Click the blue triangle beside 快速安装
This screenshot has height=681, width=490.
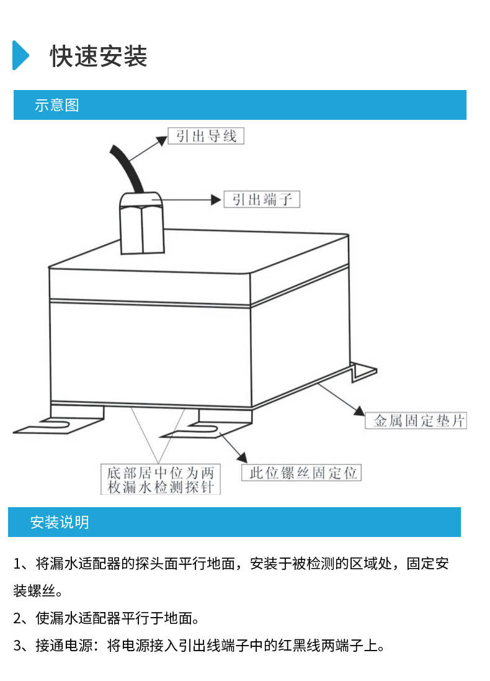coord(20,55)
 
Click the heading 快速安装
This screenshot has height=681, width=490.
coord(99,56)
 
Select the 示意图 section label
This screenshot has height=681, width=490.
coord(57,105)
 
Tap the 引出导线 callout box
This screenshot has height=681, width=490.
coord(206,136)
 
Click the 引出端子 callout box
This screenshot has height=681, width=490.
coord(262,199)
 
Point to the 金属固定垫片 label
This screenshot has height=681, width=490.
coord(416,420)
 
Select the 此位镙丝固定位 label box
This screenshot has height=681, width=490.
coord(301,472)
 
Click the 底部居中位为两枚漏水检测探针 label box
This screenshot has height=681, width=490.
coord(161,479)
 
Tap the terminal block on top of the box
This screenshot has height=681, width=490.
coord(142,223)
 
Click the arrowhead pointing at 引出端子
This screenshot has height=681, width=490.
coord(216,200)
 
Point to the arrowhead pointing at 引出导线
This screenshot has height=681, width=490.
coord(163,140)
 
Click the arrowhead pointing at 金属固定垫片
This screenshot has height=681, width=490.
coord(359,411)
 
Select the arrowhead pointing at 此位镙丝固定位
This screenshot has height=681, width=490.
coord(242,458)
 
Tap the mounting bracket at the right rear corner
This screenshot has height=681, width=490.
coord(363,372)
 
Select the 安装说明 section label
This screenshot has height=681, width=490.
coord(60,522)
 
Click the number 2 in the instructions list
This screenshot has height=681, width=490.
coord(17,618)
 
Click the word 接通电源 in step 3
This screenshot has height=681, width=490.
coord(64,646)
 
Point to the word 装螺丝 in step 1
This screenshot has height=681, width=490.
coord(34,590)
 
